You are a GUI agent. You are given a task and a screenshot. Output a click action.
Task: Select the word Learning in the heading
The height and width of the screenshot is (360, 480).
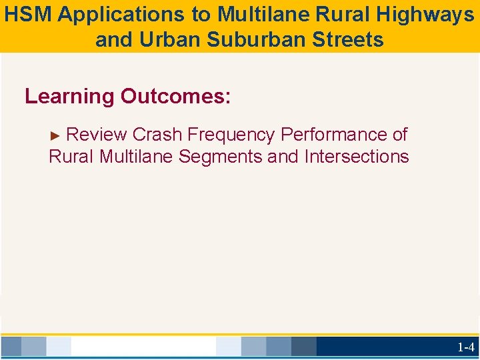[69, 97]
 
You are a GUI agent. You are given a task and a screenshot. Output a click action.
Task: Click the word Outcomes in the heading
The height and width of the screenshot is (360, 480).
[175, 97]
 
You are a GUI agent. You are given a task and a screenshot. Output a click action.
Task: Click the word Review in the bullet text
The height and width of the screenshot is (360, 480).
[97, 135]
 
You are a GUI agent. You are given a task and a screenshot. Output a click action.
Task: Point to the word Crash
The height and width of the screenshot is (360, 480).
[157, 135]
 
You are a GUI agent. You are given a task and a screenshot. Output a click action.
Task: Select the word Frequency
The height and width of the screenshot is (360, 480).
[231, 135]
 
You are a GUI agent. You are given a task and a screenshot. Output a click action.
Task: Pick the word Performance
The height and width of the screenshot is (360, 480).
[334, 135]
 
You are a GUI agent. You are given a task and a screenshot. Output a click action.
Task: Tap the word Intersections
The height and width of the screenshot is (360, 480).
[357, 157]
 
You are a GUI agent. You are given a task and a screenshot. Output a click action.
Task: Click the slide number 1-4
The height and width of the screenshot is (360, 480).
[465, 347]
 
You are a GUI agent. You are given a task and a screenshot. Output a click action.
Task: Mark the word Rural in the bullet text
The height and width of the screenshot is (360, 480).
[71, 157]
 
